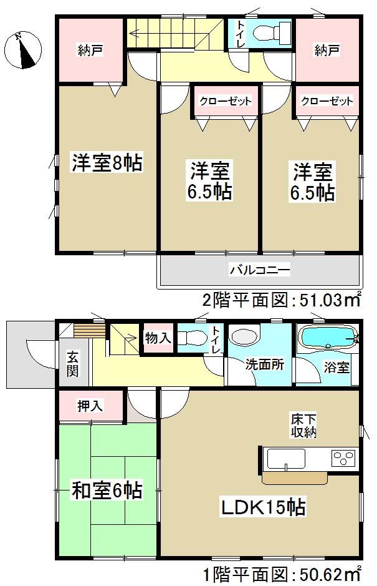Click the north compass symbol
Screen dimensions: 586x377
24,49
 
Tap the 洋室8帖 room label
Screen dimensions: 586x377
107,164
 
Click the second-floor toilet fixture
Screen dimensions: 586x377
273,31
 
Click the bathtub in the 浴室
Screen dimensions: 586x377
328,338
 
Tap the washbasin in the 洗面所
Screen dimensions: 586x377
242,338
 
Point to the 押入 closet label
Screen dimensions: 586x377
90,406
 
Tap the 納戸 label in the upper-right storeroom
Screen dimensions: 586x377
326,50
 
